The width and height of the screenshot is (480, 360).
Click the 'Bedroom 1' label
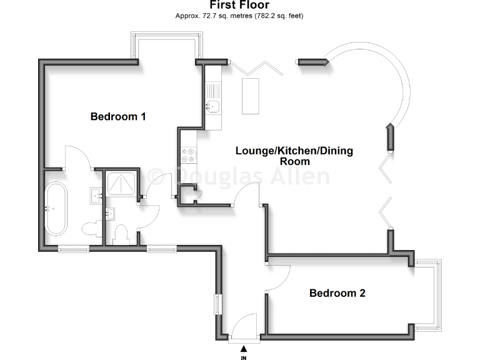coord(118,116)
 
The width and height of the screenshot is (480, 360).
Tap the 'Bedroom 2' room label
coord(337,292)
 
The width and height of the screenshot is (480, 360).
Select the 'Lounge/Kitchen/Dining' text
coord(294,151)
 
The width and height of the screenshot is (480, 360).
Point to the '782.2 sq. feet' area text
coord(277,15)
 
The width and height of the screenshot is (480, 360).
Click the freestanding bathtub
coord(56,208)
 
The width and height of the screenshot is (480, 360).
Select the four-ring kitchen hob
coord(189,151)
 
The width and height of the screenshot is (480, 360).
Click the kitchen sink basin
coord(214,106)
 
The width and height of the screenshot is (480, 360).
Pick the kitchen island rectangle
coord(252,96)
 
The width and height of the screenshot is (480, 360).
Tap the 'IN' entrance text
coord(243,357)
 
